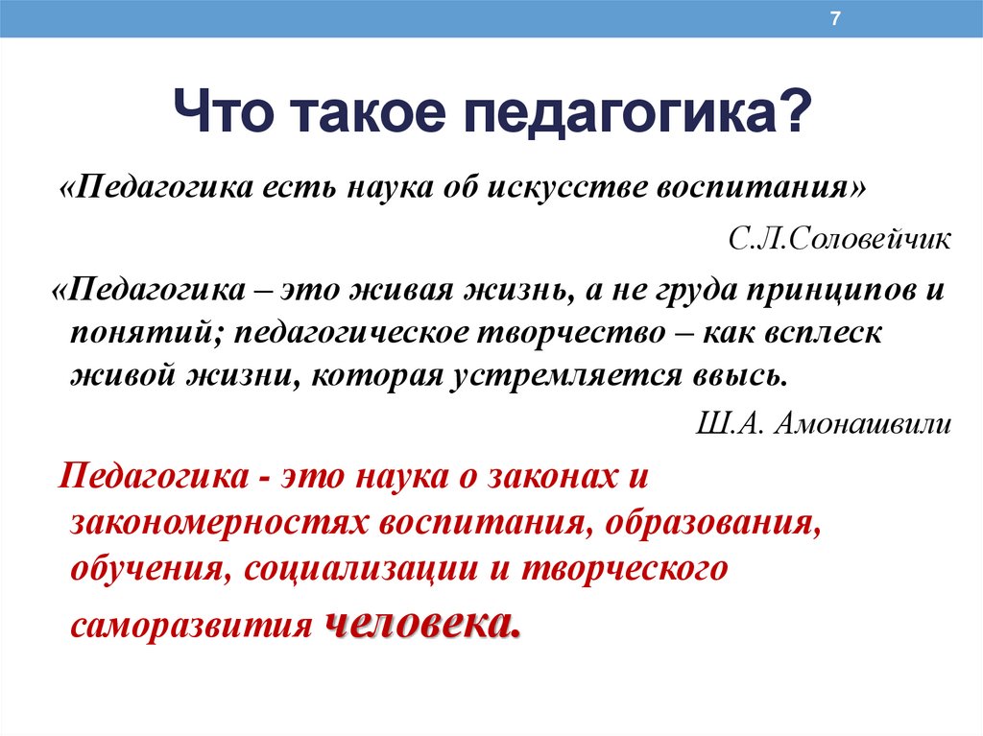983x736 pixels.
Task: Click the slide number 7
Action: (834, 19)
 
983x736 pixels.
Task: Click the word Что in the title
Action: (224, 112)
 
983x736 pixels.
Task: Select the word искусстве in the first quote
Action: (566, 187)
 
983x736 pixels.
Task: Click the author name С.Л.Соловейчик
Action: (839, 239)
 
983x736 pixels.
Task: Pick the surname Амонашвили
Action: (863, 423)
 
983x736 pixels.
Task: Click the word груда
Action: (696, 291)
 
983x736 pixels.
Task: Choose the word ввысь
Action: (740, 375)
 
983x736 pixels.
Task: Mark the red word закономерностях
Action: (220, 523)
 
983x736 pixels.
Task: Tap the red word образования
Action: (713, 523)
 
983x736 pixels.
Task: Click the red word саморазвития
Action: (191, 626)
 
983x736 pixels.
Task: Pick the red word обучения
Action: (151, 569)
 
